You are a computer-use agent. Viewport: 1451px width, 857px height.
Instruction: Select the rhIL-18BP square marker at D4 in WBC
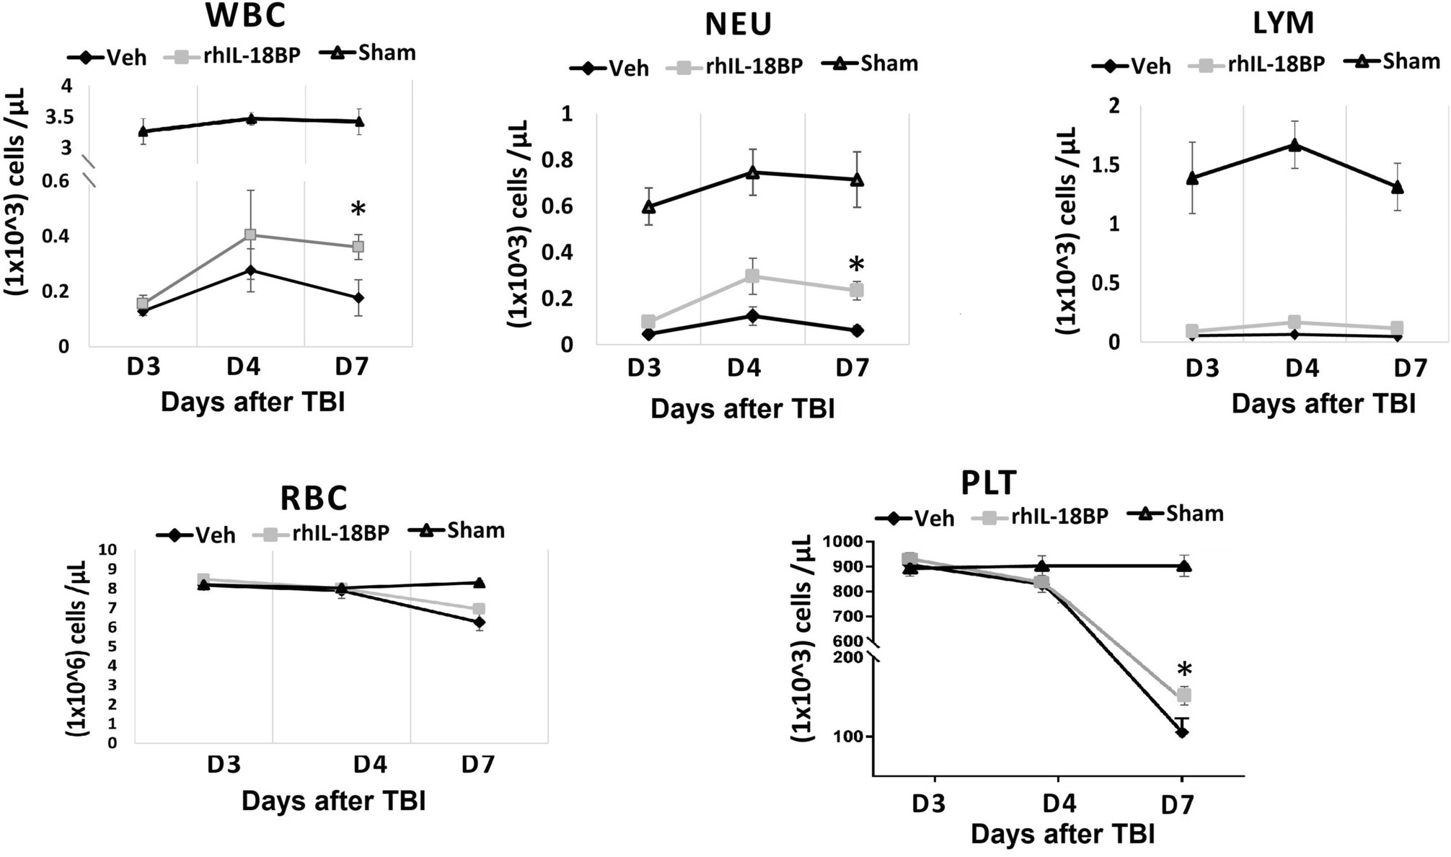click(250, 235)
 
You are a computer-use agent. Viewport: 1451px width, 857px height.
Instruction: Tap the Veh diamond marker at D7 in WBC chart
click(358, 298)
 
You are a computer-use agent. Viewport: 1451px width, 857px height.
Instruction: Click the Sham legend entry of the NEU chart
click(870, 63)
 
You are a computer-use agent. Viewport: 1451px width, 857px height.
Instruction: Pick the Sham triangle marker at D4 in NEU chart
click(753, 172)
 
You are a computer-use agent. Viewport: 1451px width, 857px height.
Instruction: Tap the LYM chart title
click(1283, 23)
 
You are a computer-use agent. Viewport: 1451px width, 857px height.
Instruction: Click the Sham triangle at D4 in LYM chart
click(1295, 145)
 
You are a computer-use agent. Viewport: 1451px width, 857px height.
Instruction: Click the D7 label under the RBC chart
click(478, 764)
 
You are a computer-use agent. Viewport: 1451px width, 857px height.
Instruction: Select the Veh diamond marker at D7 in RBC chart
click(478, 622)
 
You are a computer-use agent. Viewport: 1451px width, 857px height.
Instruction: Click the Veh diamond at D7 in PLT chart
click(1182, 732)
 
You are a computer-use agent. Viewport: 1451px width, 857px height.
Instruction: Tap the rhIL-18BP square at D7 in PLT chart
click(1183, 695)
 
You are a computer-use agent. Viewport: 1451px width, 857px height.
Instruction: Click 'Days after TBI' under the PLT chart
click(1062, 834)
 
